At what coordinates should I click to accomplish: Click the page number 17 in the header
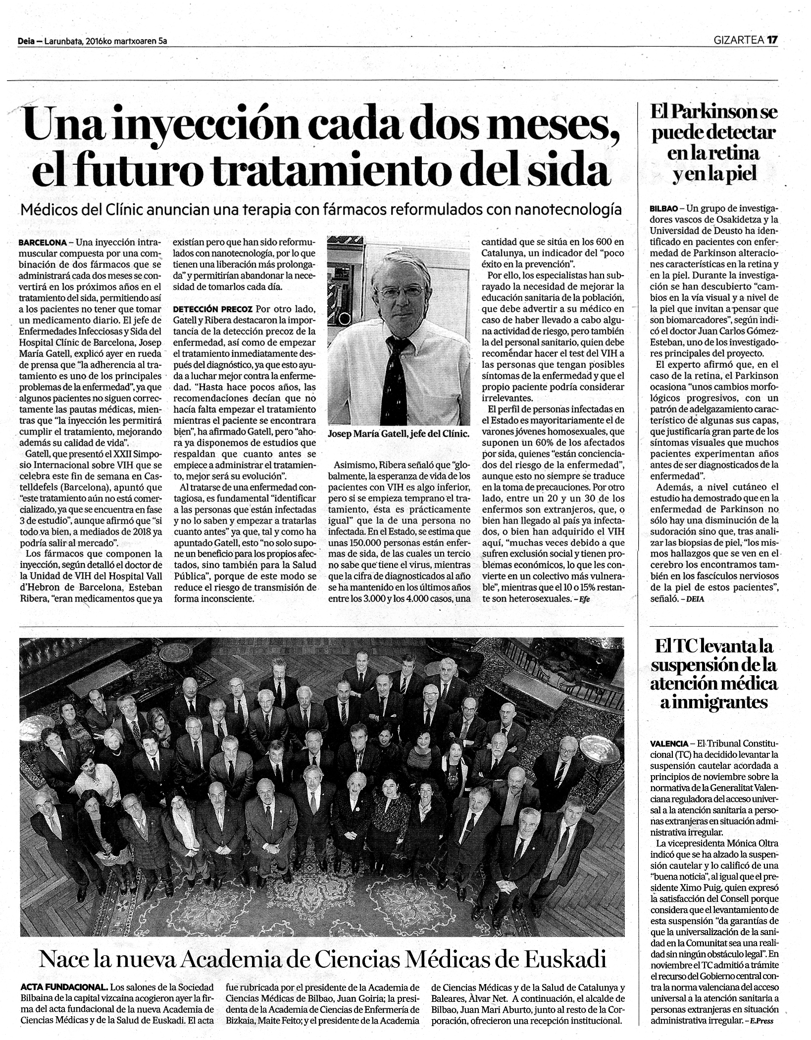coord(772,41)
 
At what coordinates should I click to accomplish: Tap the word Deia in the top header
coord(25,42)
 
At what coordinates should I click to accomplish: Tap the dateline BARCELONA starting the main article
coord(43,243)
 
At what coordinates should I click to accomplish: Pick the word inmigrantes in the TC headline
coord(714,703)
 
